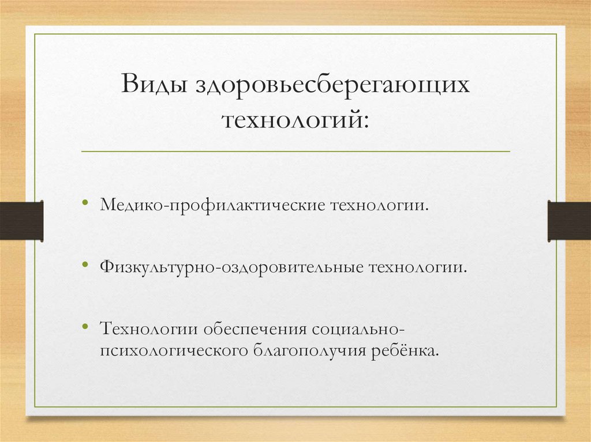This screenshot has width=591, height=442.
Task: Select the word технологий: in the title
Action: click(294, 121)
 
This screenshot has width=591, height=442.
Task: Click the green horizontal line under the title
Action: click(295, 152)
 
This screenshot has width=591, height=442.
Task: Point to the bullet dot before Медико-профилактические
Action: click(85, 203)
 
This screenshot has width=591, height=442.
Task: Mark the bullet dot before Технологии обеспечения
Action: click(85, 327)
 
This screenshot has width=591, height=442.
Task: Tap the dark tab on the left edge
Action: click(21, 220)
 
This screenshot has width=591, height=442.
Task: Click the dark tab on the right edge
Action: click(569, 220)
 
